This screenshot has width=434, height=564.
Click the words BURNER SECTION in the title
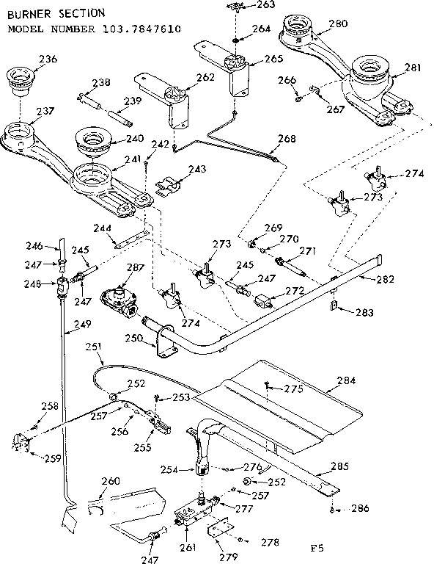tap(45, 13)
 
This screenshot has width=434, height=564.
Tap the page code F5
tap(317, 547)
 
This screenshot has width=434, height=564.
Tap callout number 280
tap(338, 23)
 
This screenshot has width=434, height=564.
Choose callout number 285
tap(339, 466)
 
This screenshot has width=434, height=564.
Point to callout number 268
tap(287, 138)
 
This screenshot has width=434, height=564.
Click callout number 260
tap(110, 482)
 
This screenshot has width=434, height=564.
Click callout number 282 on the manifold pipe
tap(385, 279)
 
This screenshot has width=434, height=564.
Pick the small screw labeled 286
tap(333, 509)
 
